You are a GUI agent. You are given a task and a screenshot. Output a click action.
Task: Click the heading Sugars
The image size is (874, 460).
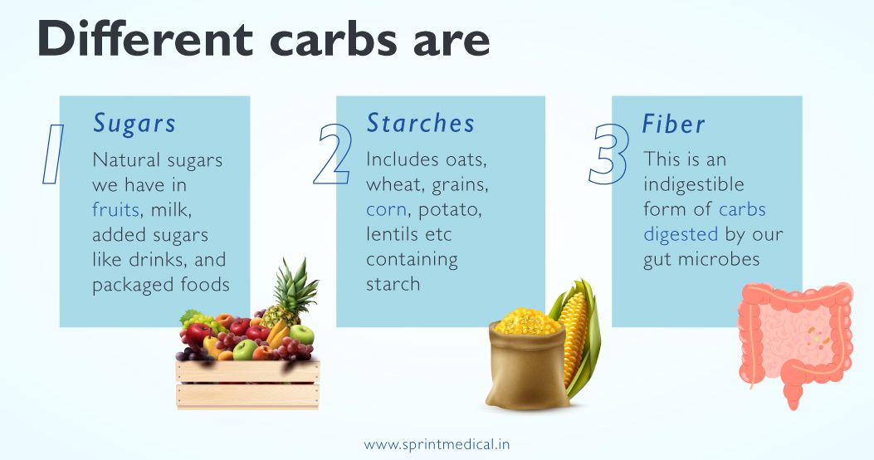[x=134, y=123]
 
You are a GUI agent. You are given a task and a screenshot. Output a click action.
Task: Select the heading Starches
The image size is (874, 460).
[x=421, y=123]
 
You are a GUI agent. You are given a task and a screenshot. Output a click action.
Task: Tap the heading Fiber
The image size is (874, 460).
[x=673, y=124]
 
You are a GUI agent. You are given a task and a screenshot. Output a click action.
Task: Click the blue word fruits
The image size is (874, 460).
[x=116, y=209]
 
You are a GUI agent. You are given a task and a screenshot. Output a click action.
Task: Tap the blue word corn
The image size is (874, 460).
[x=386, y=209]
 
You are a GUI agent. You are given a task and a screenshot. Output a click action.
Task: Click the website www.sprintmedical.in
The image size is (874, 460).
[x=437, y=444]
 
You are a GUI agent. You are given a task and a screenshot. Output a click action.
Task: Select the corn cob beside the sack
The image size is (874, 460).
[x=574, y=340]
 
